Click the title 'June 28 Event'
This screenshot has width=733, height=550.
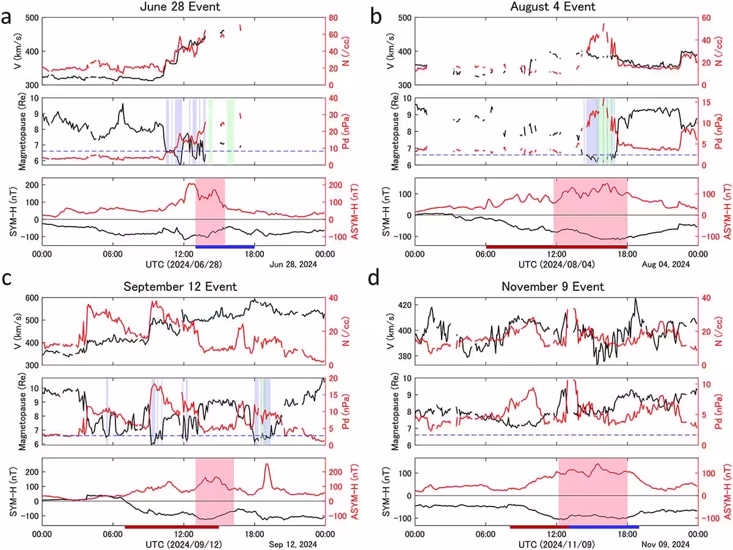(x=180, y=7)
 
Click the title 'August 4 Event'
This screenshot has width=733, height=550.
(x=553, y=7)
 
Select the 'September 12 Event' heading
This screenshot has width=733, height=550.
(x=180, y=287)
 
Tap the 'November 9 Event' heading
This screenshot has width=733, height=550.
(x=553, y=287)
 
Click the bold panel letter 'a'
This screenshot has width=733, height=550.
(x=6, y=18)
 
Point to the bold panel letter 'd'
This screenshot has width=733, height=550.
(x=374, y=278)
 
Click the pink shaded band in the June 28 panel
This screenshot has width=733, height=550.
(x=210, y=211)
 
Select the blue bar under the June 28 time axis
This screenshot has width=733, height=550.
(x=225, y=247)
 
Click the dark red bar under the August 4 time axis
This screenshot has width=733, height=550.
(x=556, y=247)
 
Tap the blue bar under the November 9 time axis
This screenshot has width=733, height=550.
(x=604, y=527)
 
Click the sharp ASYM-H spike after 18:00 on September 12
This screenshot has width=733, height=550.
(x=266, y=464)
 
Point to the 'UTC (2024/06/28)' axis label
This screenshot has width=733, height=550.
(x=184, y=265)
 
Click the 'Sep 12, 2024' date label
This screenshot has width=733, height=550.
(x=293, y=544)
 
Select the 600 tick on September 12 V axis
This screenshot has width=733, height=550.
(x=32, y=298)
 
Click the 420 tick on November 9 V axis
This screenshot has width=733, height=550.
(x=405, y=305)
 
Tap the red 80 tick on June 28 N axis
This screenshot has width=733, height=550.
(x=333, y=18)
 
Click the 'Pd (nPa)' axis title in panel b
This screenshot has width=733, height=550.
(x=718, y=131)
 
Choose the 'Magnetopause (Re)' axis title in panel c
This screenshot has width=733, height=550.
(x=22, y=412)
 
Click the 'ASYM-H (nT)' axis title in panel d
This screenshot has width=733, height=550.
(x=728, y=491)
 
